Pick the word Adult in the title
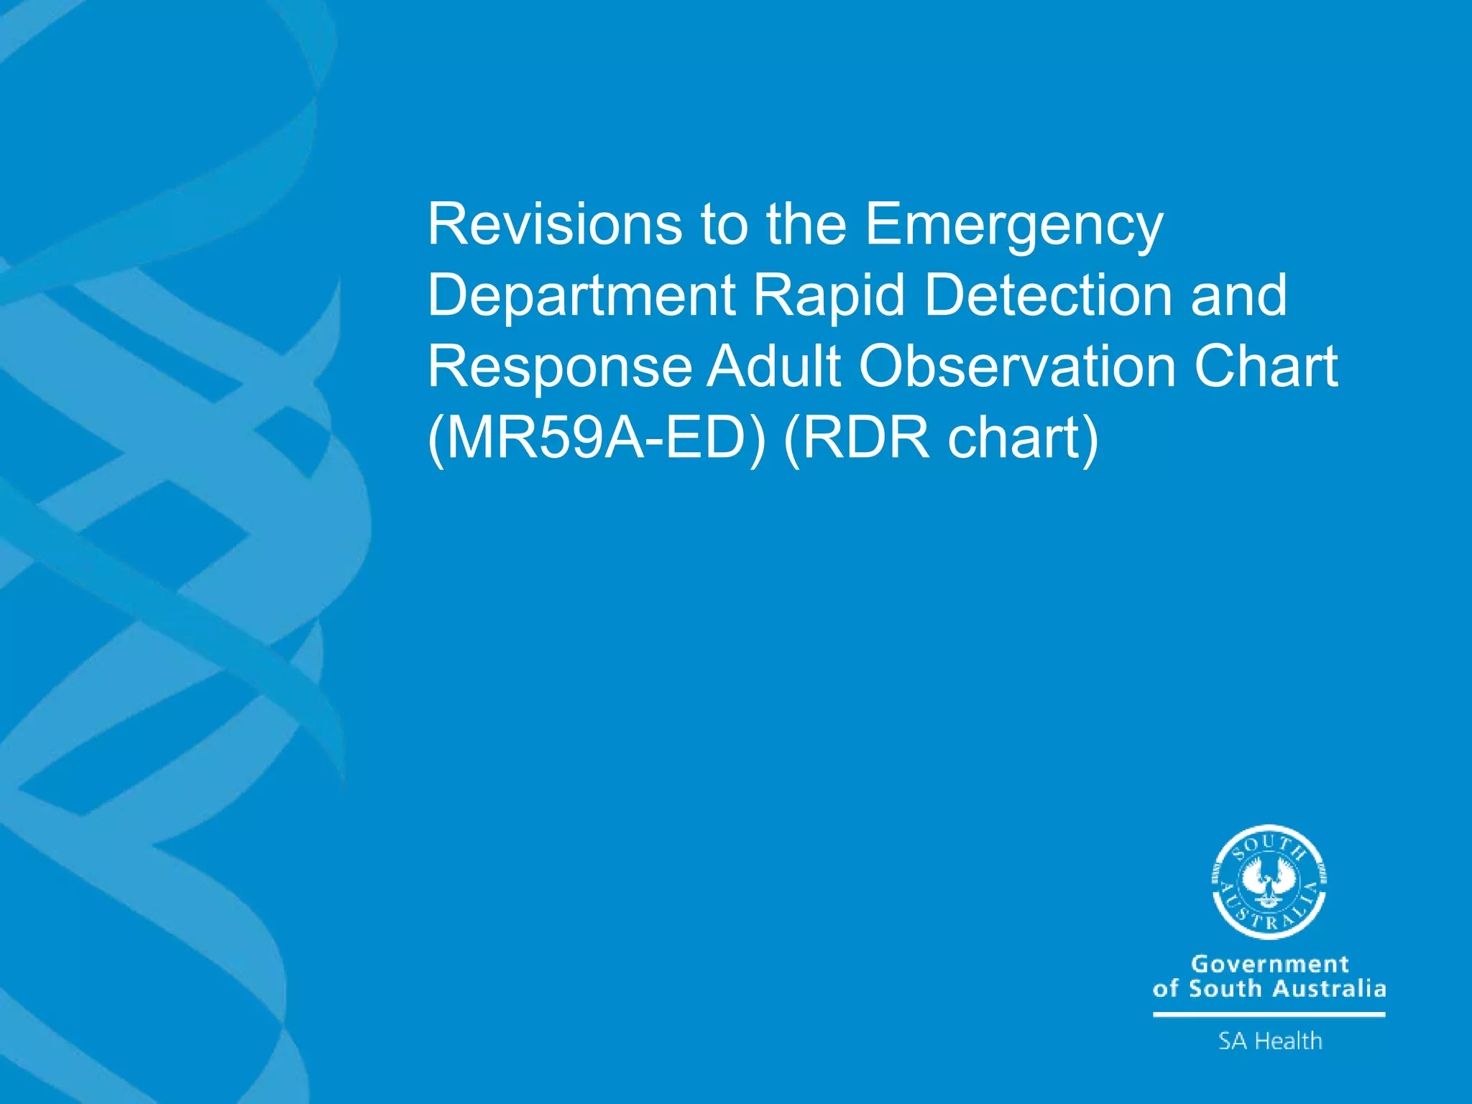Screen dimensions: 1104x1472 coord(774,367)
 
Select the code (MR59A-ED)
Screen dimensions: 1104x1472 coord(597,438)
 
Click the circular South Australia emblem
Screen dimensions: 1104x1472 coord(1269,882)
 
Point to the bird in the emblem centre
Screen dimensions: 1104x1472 coord(1269,881)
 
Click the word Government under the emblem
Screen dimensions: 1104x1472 coord(1270,964)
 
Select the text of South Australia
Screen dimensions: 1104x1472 coord(1269,989)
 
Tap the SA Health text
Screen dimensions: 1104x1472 coord(1270,1041)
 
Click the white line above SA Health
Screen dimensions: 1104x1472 coord(1269,1014)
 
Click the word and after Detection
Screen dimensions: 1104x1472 coord(1238,295)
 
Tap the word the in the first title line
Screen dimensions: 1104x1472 coord(806,224)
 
